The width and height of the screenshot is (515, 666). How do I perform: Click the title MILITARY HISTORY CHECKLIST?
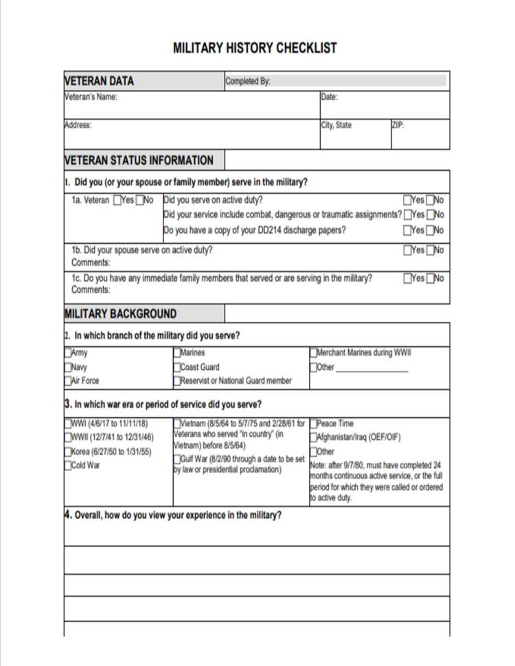pyautogui.click(x=255, y=48)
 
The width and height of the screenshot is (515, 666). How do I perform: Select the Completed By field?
pyautogui.click(x=359, y=81)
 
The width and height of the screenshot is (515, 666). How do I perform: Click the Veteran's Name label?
pyautogui.click(x=91, y=97)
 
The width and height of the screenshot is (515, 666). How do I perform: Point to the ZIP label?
pyautogui.click(x=398, y=126)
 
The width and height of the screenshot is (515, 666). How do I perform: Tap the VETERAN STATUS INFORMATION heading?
pyautogui.click(x=139, y=161)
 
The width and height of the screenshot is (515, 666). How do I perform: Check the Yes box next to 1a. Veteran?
pyautogui.click(x=117, y=200)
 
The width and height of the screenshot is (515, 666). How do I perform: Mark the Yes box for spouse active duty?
pyautogui.click(x=407, y=251)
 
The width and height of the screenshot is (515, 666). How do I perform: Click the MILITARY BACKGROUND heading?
pyautogui.click(x=121, y=314)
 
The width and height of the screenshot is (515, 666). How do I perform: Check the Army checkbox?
pyautogui.click(x=68, y=354)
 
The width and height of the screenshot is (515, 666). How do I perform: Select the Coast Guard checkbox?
pyautogui.click(x=177, y=367)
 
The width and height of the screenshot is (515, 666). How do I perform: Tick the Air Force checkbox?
pyautogui.click(x=68, y=381)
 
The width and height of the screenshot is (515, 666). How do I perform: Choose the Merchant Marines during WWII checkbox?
pyautogui.click(x=314, y=354)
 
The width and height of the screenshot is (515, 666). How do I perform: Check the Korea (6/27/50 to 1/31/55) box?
pyautogui.click(x=68, y=452)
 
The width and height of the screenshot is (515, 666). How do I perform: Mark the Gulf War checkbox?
pyautogui.click(x=177, y=459)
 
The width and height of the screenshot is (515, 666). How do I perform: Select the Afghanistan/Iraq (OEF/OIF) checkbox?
pyautogui.click(x=314, y=437)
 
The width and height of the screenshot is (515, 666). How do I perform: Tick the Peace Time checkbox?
pyautogui.click(x=314, y=424)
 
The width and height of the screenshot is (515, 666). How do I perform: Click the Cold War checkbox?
pyautogui.click(x=68, y=466)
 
